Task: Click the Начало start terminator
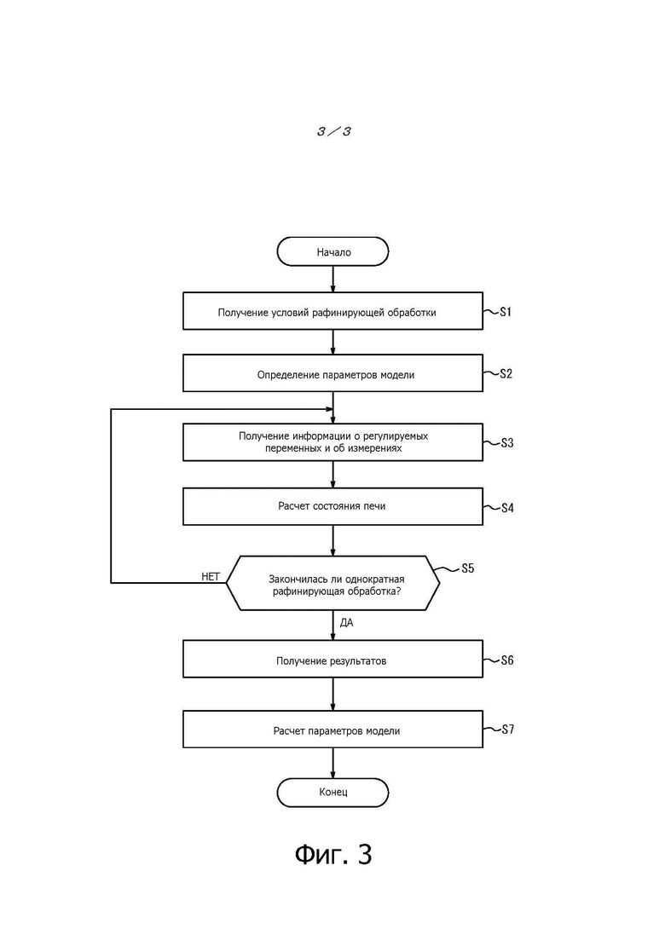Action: (x=332, y=251)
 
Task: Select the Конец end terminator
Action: (x=332, y=792)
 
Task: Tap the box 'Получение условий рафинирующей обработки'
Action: (x=332, y=311)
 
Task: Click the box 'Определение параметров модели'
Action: (x=332, y=373)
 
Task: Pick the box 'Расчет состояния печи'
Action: (x=332, y=506)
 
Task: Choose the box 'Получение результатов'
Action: (x=332, y=659)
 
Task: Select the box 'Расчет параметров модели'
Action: (x=332, y=729)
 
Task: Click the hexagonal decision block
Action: (x=332, y=583)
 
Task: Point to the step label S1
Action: (x=506, y=312)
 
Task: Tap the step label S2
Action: (x=506, y=373)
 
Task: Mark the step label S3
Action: (x=507, y=443)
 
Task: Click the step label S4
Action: (x=507, y=508)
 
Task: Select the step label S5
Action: (x=468, y=568)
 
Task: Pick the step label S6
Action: (x=507, y=660)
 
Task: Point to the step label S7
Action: (x=507, y=730)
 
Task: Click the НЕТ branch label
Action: (x=211, y=577)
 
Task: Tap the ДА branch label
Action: (x=347, y=623)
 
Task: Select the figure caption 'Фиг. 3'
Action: (x=333, y=854)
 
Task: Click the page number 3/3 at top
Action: (x=334, y=130)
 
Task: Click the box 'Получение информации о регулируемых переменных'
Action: (x=332, y=442)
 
